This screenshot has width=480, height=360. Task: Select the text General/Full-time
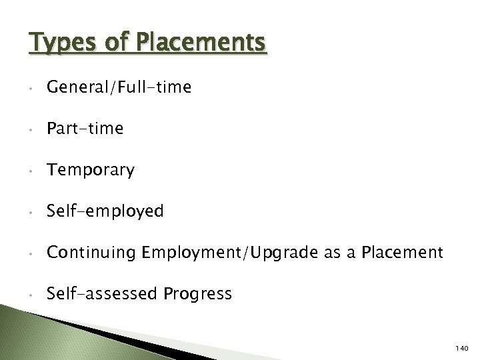tap(119, 87)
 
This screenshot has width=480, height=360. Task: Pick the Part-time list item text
tap(85, 129)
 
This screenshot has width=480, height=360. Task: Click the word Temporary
tap(90, 170)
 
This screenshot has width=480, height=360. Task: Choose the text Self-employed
tap(105, 211)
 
